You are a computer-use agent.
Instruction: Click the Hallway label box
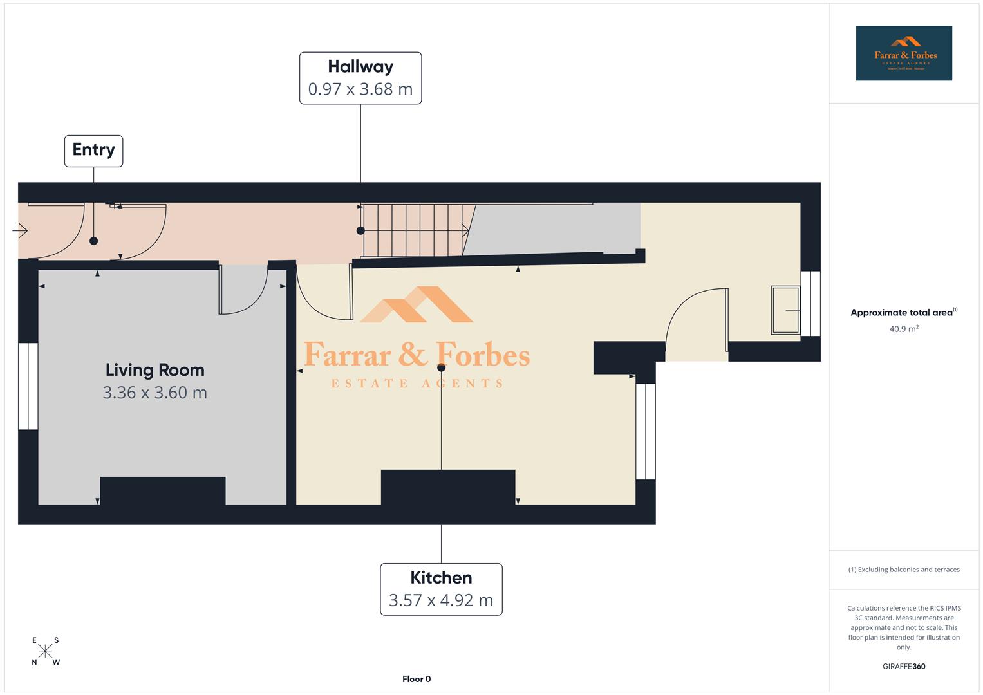pos(360,78)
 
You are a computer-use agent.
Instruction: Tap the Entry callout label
pos(93,151)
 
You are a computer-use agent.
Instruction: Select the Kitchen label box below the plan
pos(441,589)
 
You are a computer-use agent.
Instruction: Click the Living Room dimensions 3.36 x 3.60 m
pos(154,393)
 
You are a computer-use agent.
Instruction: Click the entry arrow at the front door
pos(20,230)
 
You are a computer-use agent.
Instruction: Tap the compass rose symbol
pos(45,651)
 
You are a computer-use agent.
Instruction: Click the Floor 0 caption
pos(417,679)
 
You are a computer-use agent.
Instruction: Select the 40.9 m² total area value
pos(903,329)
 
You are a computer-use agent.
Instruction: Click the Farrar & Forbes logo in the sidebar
pos(903,53)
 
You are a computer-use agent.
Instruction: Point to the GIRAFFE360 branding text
pos(903,666)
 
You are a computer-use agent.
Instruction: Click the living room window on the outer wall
pos(28,386)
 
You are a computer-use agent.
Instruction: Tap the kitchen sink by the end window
pos(785,310)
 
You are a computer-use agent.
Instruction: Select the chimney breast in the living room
pos(163,490)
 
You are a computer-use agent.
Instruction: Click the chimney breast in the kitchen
pos(447,487)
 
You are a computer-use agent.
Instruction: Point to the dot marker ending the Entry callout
pos(93,241)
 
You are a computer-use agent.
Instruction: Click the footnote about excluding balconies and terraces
pos(903,570)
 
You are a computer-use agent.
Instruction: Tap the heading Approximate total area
pos(901,313)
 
